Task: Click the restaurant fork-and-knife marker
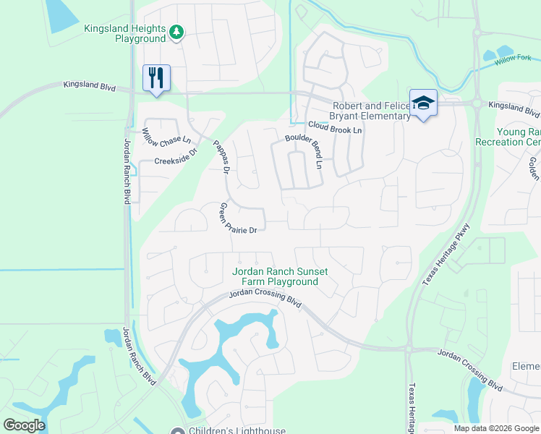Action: (156, 77)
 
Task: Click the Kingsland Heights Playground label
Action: (124, 33)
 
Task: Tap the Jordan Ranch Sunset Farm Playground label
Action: (280, 276)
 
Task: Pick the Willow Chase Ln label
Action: (166, 135)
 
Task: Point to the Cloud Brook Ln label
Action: (335, 129)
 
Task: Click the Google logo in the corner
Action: (24, 425)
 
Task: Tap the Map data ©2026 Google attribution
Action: (495, 428)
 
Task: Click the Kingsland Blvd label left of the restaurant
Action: (89, 86)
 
